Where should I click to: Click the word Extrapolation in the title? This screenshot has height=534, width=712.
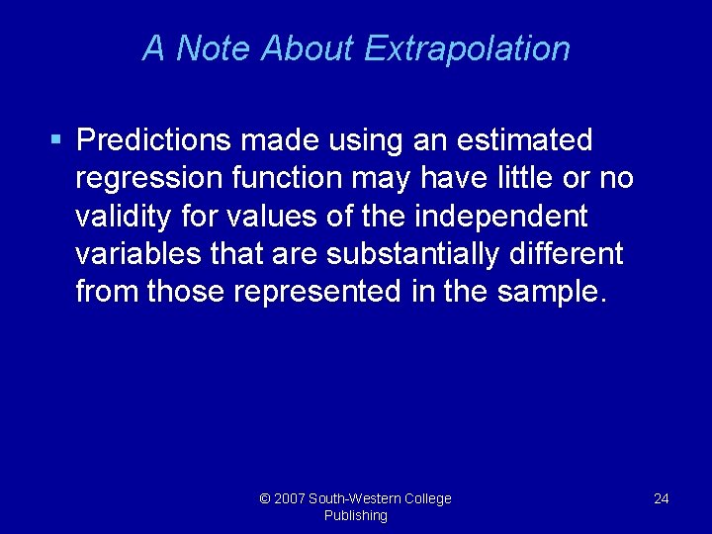pos(467,48)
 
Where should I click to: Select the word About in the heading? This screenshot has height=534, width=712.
pos(309,48)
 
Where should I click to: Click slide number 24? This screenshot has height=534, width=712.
pos(662,498)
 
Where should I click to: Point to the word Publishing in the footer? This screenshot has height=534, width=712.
pos(356,515)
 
